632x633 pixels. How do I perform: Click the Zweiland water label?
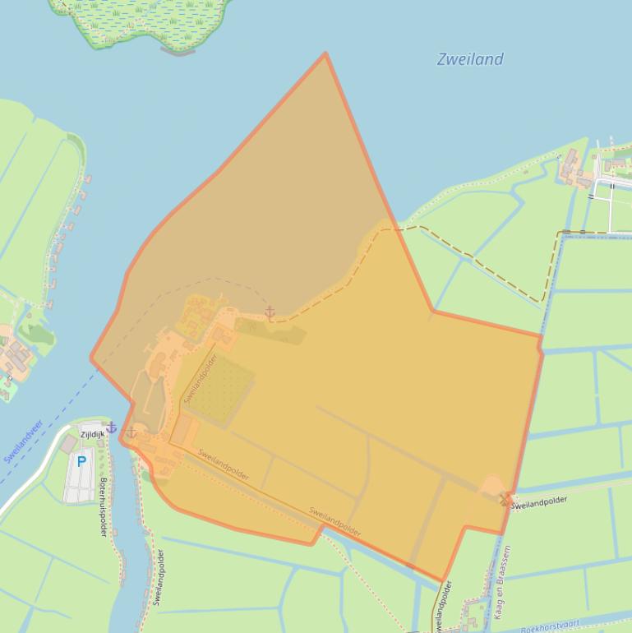(470, 59)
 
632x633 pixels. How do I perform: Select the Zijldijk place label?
(92, 433)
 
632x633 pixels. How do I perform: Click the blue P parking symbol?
(81, 462)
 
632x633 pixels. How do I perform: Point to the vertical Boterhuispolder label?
(104, 506)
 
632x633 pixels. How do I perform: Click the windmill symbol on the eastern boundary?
(505, 497)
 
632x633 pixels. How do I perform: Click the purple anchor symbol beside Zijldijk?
(112, 427)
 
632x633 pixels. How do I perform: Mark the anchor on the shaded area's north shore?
(270, 312)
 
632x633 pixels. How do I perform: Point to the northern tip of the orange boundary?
(325, 54)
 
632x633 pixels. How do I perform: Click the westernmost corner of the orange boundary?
(91, 358)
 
